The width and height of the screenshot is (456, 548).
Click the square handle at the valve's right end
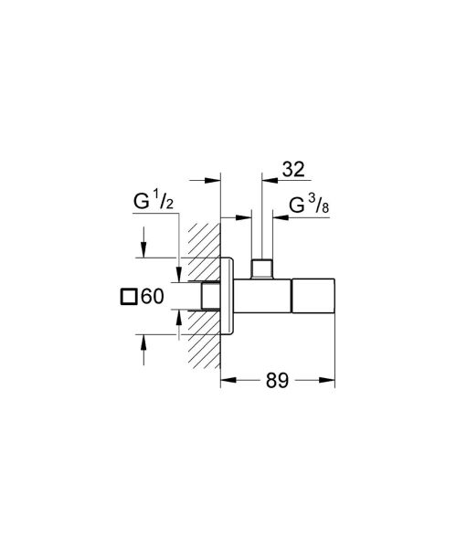(x=313, y=297)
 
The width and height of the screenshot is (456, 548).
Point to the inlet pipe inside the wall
(x=211, y=297)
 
